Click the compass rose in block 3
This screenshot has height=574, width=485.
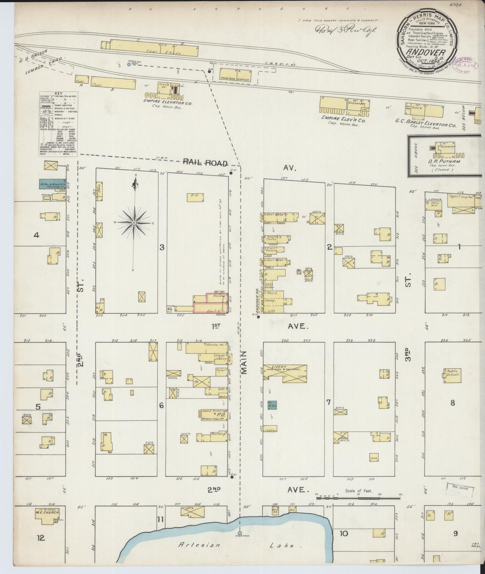pyautogui.click(x=134, y=223)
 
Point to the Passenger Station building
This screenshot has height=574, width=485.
pyautogui.click(x=235, y=75)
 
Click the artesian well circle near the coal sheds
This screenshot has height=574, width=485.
pyautogui.click(x=129, y=64)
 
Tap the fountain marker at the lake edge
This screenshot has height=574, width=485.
pyautogui.click(x=239, y=533)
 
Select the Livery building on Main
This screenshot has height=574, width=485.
pyautogui.click(x=285, y=373)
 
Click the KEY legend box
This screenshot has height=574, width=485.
pyautogui.click(x=58, y=124)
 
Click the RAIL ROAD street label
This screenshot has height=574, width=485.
pyautogui.click(x=205, y=163)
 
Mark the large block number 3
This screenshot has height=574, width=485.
pyautogui.click(x=162, y=247)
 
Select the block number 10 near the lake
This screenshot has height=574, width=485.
pyautogui.click(x=344, y=533)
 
